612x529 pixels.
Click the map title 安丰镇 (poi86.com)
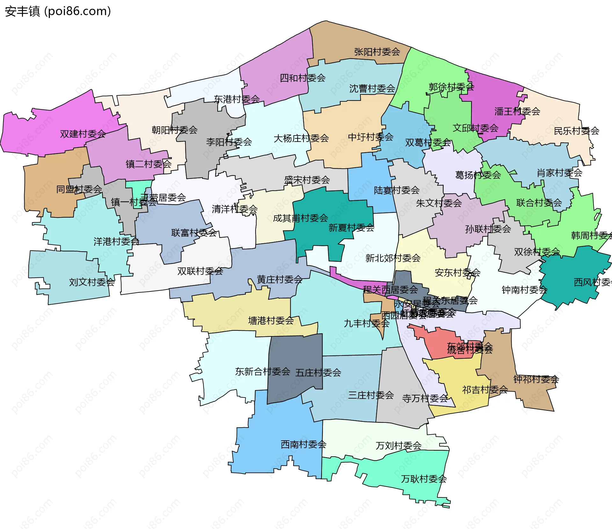coord(58,11)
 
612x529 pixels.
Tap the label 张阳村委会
coord(377,52)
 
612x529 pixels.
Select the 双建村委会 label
coord(83,134)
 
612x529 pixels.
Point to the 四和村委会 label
coord(302,78)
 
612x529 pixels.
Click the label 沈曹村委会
coord(372,88)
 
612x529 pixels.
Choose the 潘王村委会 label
coord(517,111)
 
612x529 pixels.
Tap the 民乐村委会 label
coord(576,131)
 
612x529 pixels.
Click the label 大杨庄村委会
coord(301,138)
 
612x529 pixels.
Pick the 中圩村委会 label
coord(370,137)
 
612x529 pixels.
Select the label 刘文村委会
coord(92,282)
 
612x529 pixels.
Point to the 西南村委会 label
coord(303,444)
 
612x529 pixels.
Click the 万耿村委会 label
coord(424,479)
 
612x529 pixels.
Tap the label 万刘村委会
coord(398,445)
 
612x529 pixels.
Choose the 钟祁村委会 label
coord(536,379)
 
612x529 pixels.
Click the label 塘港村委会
coord(271,320)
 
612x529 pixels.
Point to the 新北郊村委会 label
coord(393,258)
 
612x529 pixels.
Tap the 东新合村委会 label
coord(262,371)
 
